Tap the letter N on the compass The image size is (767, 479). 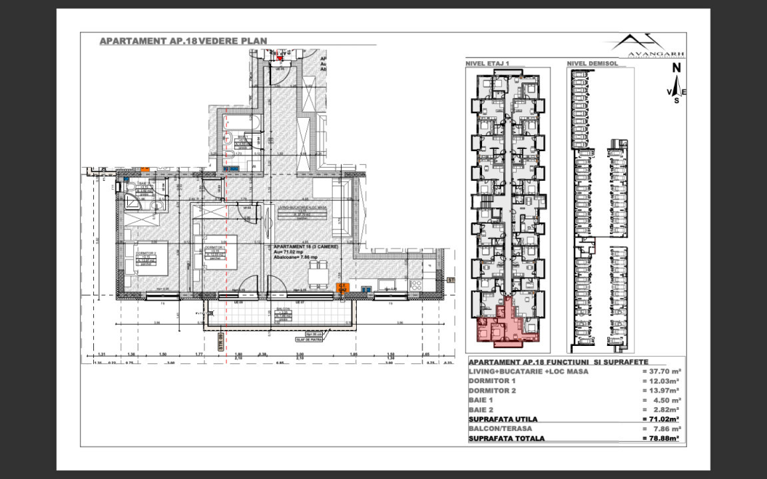pyautogui.click(x=676, y=67)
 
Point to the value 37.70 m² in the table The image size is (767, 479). pyautogui.click(x=661, y=371)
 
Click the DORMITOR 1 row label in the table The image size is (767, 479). pyautogui.click(x=492, y=381)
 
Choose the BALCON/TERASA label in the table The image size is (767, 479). pyautogui.click(x=499, y=429)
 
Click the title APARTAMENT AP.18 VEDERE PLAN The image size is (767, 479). pyautogui.click(x=183, y=41)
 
